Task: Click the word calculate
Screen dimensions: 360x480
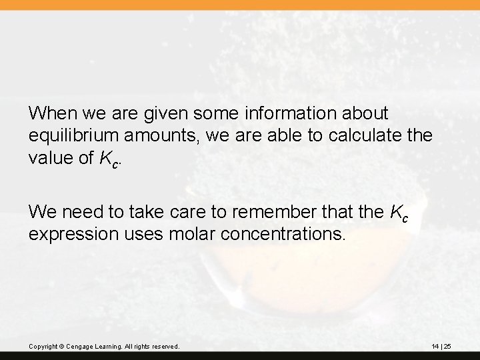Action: pyautogui.click(x=354, y=136)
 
